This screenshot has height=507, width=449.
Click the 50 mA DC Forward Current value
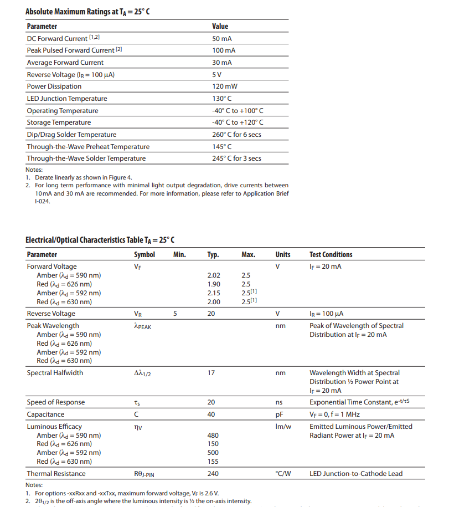[x=221, y=38]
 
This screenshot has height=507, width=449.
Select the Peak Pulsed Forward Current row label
[x=74, y=50]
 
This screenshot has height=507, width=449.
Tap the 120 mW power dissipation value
[x=224, y=86]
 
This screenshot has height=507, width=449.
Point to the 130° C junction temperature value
[x=221, y=99]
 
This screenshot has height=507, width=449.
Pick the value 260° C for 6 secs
[x=236, y=135]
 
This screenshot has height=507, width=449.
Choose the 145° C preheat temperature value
[x=221, y=147]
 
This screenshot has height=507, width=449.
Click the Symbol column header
[x=144, y=255]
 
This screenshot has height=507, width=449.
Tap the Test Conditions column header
[x=331, y=255]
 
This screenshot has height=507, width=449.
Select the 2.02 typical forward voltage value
[x=214, y=275]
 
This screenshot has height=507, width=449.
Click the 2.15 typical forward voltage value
[x=214, y=293]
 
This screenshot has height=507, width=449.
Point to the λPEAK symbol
[x=142, y=326]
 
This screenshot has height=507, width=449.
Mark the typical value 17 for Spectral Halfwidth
[x=211, y=373]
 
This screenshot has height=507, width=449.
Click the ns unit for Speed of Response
[x=279, y=402]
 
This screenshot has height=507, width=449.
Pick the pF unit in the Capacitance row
[x=279, y=414]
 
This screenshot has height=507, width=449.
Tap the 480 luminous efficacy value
[x=213, y=436]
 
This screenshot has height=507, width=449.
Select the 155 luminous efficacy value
[x=213, y=462]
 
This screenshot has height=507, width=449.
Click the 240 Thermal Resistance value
[x=213, y=474]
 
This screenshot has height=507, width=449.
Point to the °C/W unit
[x=283, y=474]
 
